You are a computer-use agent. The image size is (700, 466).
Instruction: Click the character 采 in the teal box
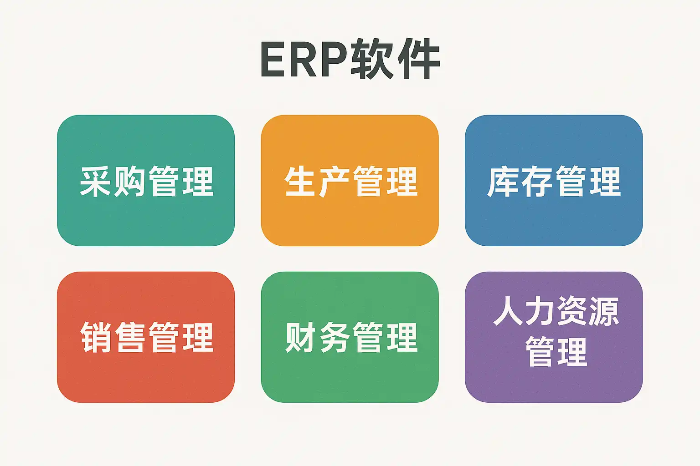tap(97, 182)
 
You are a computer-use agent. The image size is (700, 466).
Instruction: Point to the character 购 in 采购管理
tap(130, 182)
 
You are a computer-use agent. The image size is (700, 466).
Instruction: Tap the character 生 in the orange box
tap(301, 182)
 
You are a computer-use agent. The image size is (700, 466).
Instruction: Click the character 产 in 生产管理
tap(334, 182)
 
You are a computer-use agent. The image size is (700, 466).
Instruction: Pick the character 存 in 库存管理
tap(538, 182)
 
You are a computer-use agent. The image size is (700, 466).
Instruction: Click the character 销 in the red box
tap(97, 337)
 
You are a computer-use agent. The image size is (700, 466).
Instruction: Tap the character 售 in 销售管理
tap(130, 337)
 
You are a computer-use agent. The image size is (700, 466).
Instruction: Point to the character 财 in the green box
tap(301, 337)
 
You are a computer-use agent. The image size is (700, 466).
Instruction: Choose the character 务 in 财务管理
tap(335, 337)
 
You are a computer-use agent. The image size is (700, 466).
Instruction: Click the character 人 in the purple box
tap(507, 311)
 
